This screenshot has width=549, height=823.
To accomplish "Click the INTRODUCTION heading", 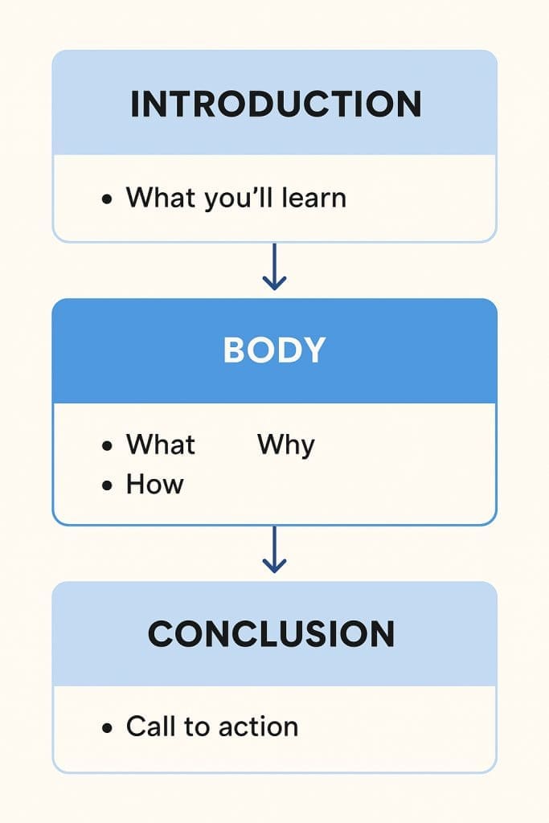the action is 276,104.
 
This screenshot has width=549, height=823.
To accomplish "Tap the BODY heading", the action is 275,350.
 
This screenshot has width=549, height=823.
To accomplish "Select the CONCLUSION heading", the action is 272,634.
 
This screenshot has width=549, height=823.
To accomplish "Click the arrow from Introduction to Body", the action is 274,267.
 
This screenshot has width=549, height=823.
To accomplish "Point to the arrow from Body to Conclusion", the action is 274,550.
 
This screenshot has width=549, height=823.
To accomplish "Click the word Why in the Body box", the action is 286,445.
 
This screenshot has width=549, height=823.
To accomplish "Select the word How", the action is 155,484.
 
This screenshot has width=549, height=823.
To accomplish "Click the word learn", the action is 313,198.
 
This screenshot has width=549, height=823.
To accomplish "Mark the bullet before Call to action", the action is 108,728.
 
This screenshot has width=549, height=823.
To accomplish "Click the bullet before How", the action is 108,485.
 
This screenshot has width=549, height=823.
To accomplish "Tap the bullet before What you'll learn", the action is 108,199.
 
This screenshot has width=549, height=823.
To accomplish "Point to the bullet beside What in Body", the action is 108,445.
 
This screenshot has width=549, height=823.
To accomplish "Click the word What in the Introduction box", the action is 161,198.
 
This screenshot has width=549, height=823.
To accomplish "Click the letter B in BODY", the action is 234,350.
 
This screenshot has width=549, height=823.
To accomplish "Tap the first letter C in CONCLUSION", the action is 161,634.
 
